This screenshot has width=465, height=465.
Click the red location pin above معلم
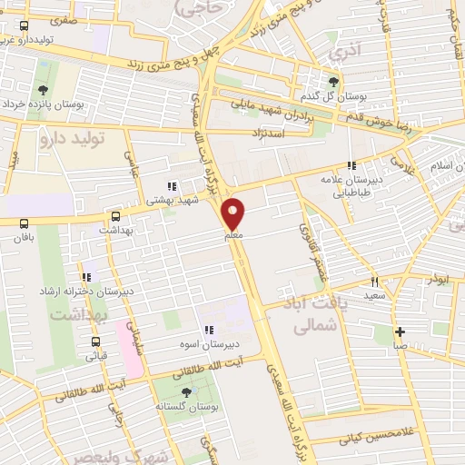pyautogui.click(x=234, y=213)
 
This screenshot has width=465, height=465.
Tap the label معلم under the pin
pyautogui.click(x=234, y=236)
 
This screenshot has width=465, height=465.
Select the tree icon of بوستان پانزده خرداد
pyautogui.click(x=43, y=89)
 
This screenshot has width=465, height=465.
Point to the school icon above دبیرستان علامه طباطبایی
pyautogui.click(x=351, y=164)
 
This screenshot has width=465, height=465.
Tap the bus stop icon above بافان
pyautogui.click(x=23, y=223)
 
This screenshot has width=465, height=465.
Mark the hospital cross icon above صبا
pyautogui.click(x=399, y=330)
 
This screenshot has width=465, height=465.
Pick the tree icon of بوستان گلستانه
pyautogui.click(x=187, y=392)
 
